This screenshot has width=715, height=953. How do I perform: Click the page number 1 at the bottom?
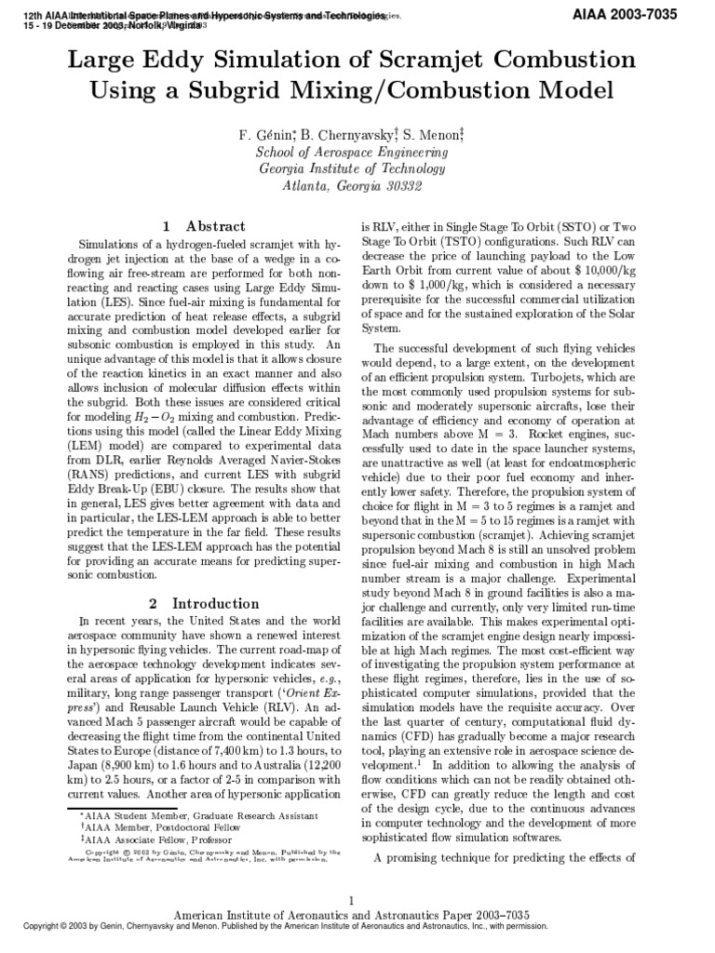click(x=352, y=900)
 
